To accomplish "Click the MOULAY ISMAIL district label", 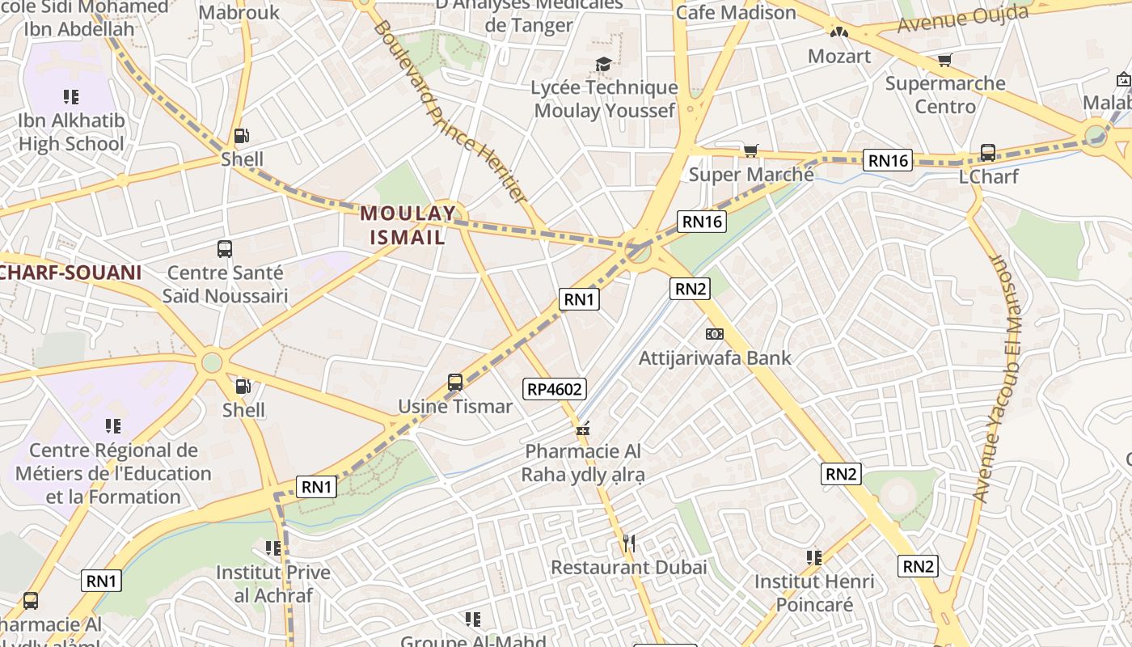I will [x=408, y=225].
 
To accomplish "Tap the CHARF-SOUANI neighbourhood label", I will [x=71, y=273].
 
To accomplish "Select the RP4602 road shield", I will [x=555, y=389].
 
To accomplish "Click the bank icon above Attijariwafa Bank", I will [x=714, y=334].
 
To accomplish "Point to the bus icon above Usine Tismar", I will [x=455, y=383].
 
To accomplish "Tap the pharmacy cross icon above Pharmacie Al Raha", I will [x=582, y=428].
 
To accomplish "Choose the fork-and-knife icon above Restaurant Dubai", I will [x=628, y=543].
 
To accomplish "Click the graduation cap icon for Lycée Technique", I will [x=603, y=64].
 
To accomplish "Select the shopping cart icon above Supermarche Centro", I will [x=944, y=60].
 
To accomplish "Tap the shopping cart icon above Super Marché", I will [x=750, y=150].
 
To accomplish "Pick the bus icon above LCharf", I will [x=987, y=152].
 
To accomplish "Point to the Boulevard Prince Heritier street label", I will [x=450, y=111].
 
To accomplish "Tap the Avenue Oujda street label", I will [x=962, y=19].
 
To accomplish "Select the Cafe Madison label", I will [x=736, y=13].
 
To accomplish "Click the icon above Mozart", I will [x=839, y=32].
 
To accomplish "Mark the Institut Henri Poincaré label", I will [x=814, y=593].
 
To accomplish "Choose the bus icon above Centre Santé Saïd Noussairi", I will [x=225, y=249].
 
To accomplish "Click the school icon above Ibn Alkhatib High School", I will [x=71, y=97].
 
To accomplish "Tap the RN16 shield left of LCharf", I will [x=889, y=160].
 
